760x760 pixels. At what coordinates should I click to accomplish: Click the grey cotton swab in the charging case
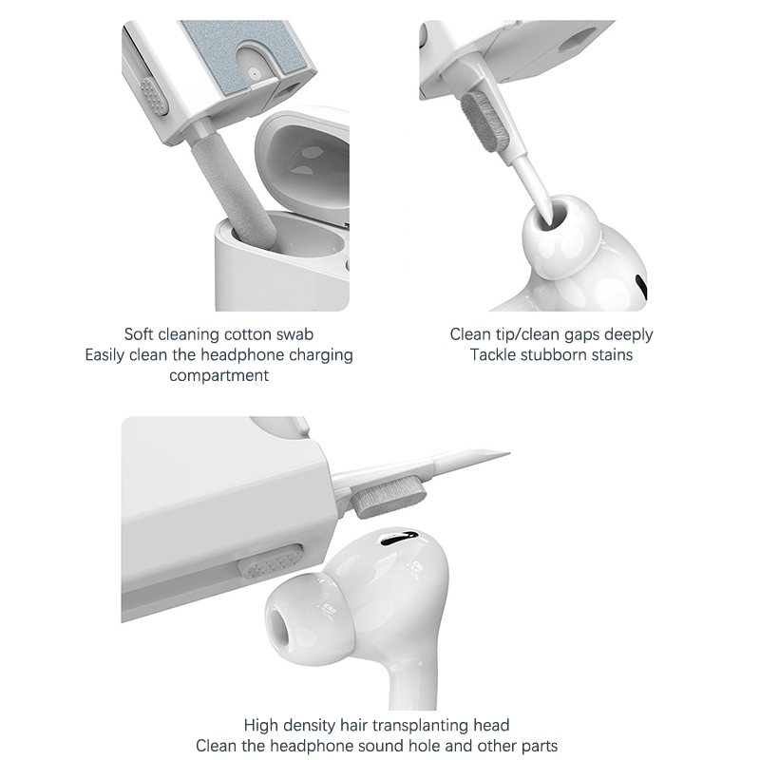(234, 193)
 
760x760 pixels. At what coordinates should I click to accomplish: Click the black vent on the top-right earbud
(641, 287)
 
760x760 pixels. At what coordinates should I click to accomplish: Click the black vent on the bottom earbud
(398, 538)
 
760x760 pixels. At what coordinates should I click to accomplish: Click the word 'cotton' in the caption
(248, 334)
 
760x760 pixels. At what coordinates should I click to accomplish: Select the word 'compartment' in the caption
(218, 375)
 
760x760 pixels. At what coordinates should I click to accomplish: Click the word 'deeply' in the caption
(629, 334)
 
